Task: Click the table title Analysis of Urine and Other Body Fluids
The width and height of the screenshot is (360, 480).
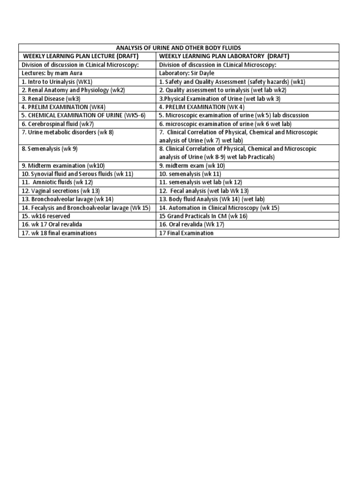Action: [x=178, y=48]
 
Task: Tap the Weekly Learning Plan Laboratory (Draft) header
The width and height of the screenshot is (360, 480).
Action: [x=224, y=56]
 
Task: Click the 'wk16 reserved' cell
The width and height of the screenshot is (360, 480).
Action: [x=45, y=216]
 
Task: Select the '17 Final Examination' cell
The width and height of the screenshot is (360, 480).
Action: [x=187, y=233]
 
